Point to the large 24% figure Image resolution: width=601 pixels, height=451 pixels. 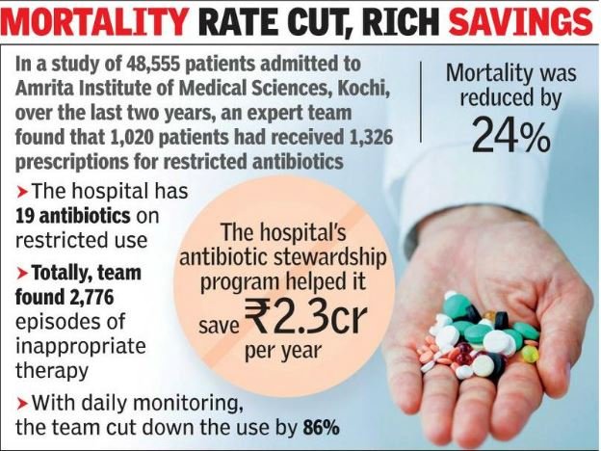(x=510, y=137)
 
